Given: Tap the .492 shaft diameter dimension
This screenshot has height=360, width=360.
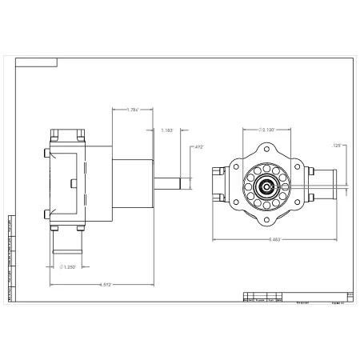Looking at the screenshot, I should click(x=198, y=147).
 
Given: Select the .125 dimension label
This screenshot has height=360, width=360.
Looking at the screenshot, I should click(x=337, y=146).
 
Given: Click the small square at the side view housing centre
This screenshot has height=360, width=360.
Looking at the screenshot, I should click(x=74, y=183).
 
